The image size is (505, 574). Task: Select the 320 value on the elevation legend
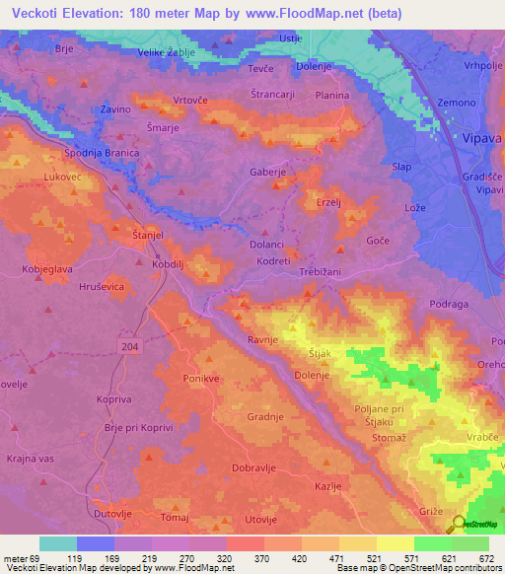224,558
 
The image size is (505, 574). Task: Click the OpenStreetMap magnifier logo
459,526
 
